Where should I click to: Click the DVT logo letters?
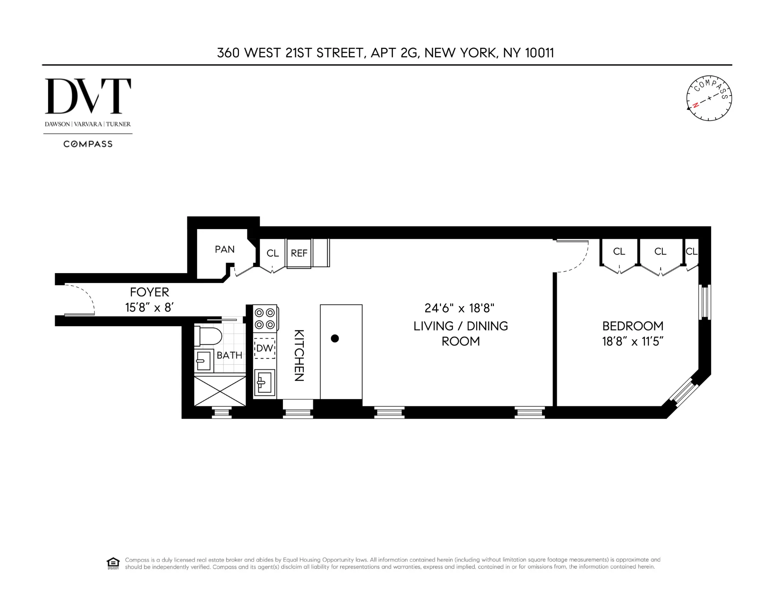(x=88, y=96)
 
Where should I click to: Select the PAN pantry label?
(x=224, y=250)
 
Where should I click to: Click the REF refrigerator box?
(x=299, y=253)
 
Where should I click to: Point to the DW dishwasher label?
(x=264, y=348)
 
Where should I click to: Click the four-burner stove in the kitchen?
(x=265, y=318)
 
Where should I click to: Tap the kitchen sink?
(x=264, y=383)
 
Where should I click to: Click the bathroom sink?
(x=204, y=360)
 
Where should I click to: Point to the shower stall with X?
(x=220, y=391)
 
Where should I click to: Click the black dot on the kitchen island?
(x=335, y=339)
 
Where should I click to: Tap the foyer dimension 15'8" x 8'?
(x=149, y=307)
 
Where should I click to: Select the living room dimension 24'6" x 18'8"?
(x=459, y=308)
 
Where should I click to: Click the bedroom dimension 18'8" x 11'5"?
(x=632, y=342)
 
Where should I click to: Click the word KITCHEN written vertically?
(x=299, y=355)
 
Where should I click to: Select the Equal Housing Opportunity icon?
(x=113, y=563)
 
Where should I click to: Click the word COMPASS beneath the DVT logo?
(x=88, y=144)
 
